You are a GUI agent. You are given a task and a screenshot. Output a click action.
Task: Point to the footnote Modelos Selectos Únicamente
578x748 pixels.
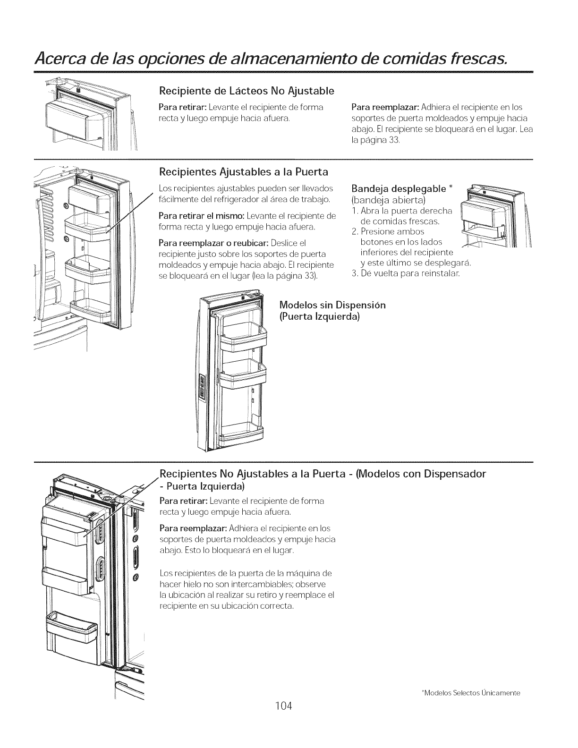471,693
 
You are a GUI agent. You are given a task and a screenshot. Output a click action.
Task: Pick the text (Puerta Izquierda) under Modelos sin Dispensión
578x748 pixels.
320,316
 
